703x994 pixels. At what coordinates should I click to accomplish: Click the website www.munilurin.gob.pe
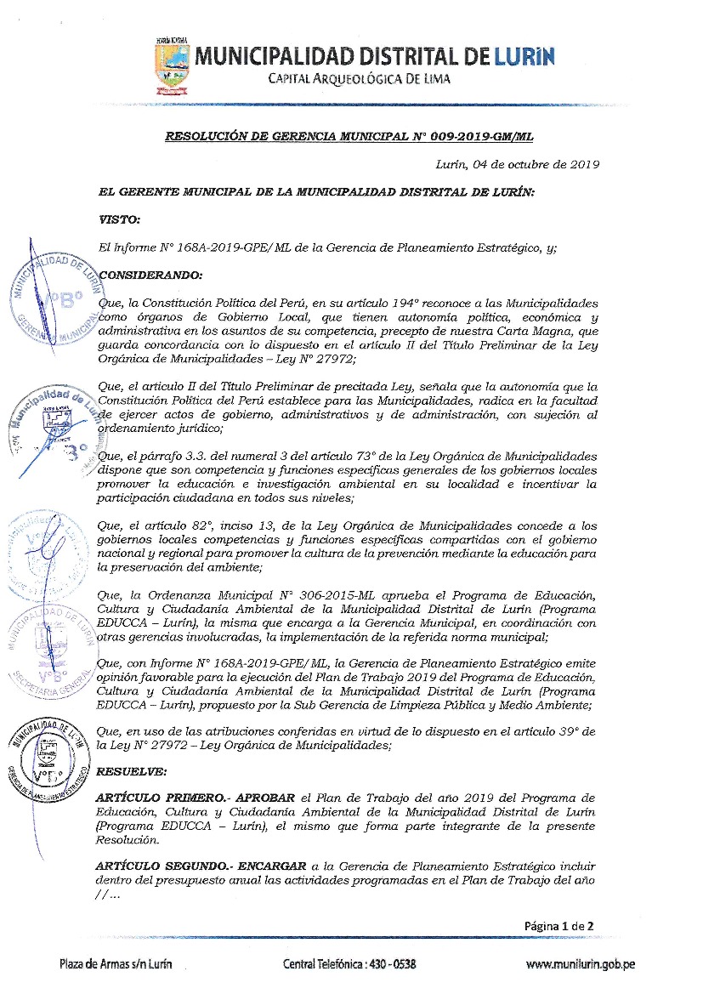click(x=580, y=965)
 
